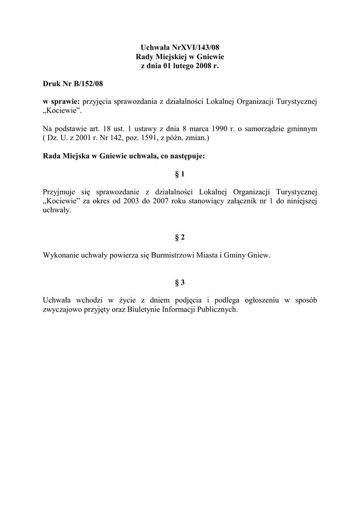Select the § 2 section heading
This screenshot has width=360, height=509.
click(180, 237)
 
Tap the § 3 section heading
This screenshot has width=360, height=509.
click(180, 283)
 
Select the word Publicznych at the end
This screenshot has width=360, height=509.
click(218, 310)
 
